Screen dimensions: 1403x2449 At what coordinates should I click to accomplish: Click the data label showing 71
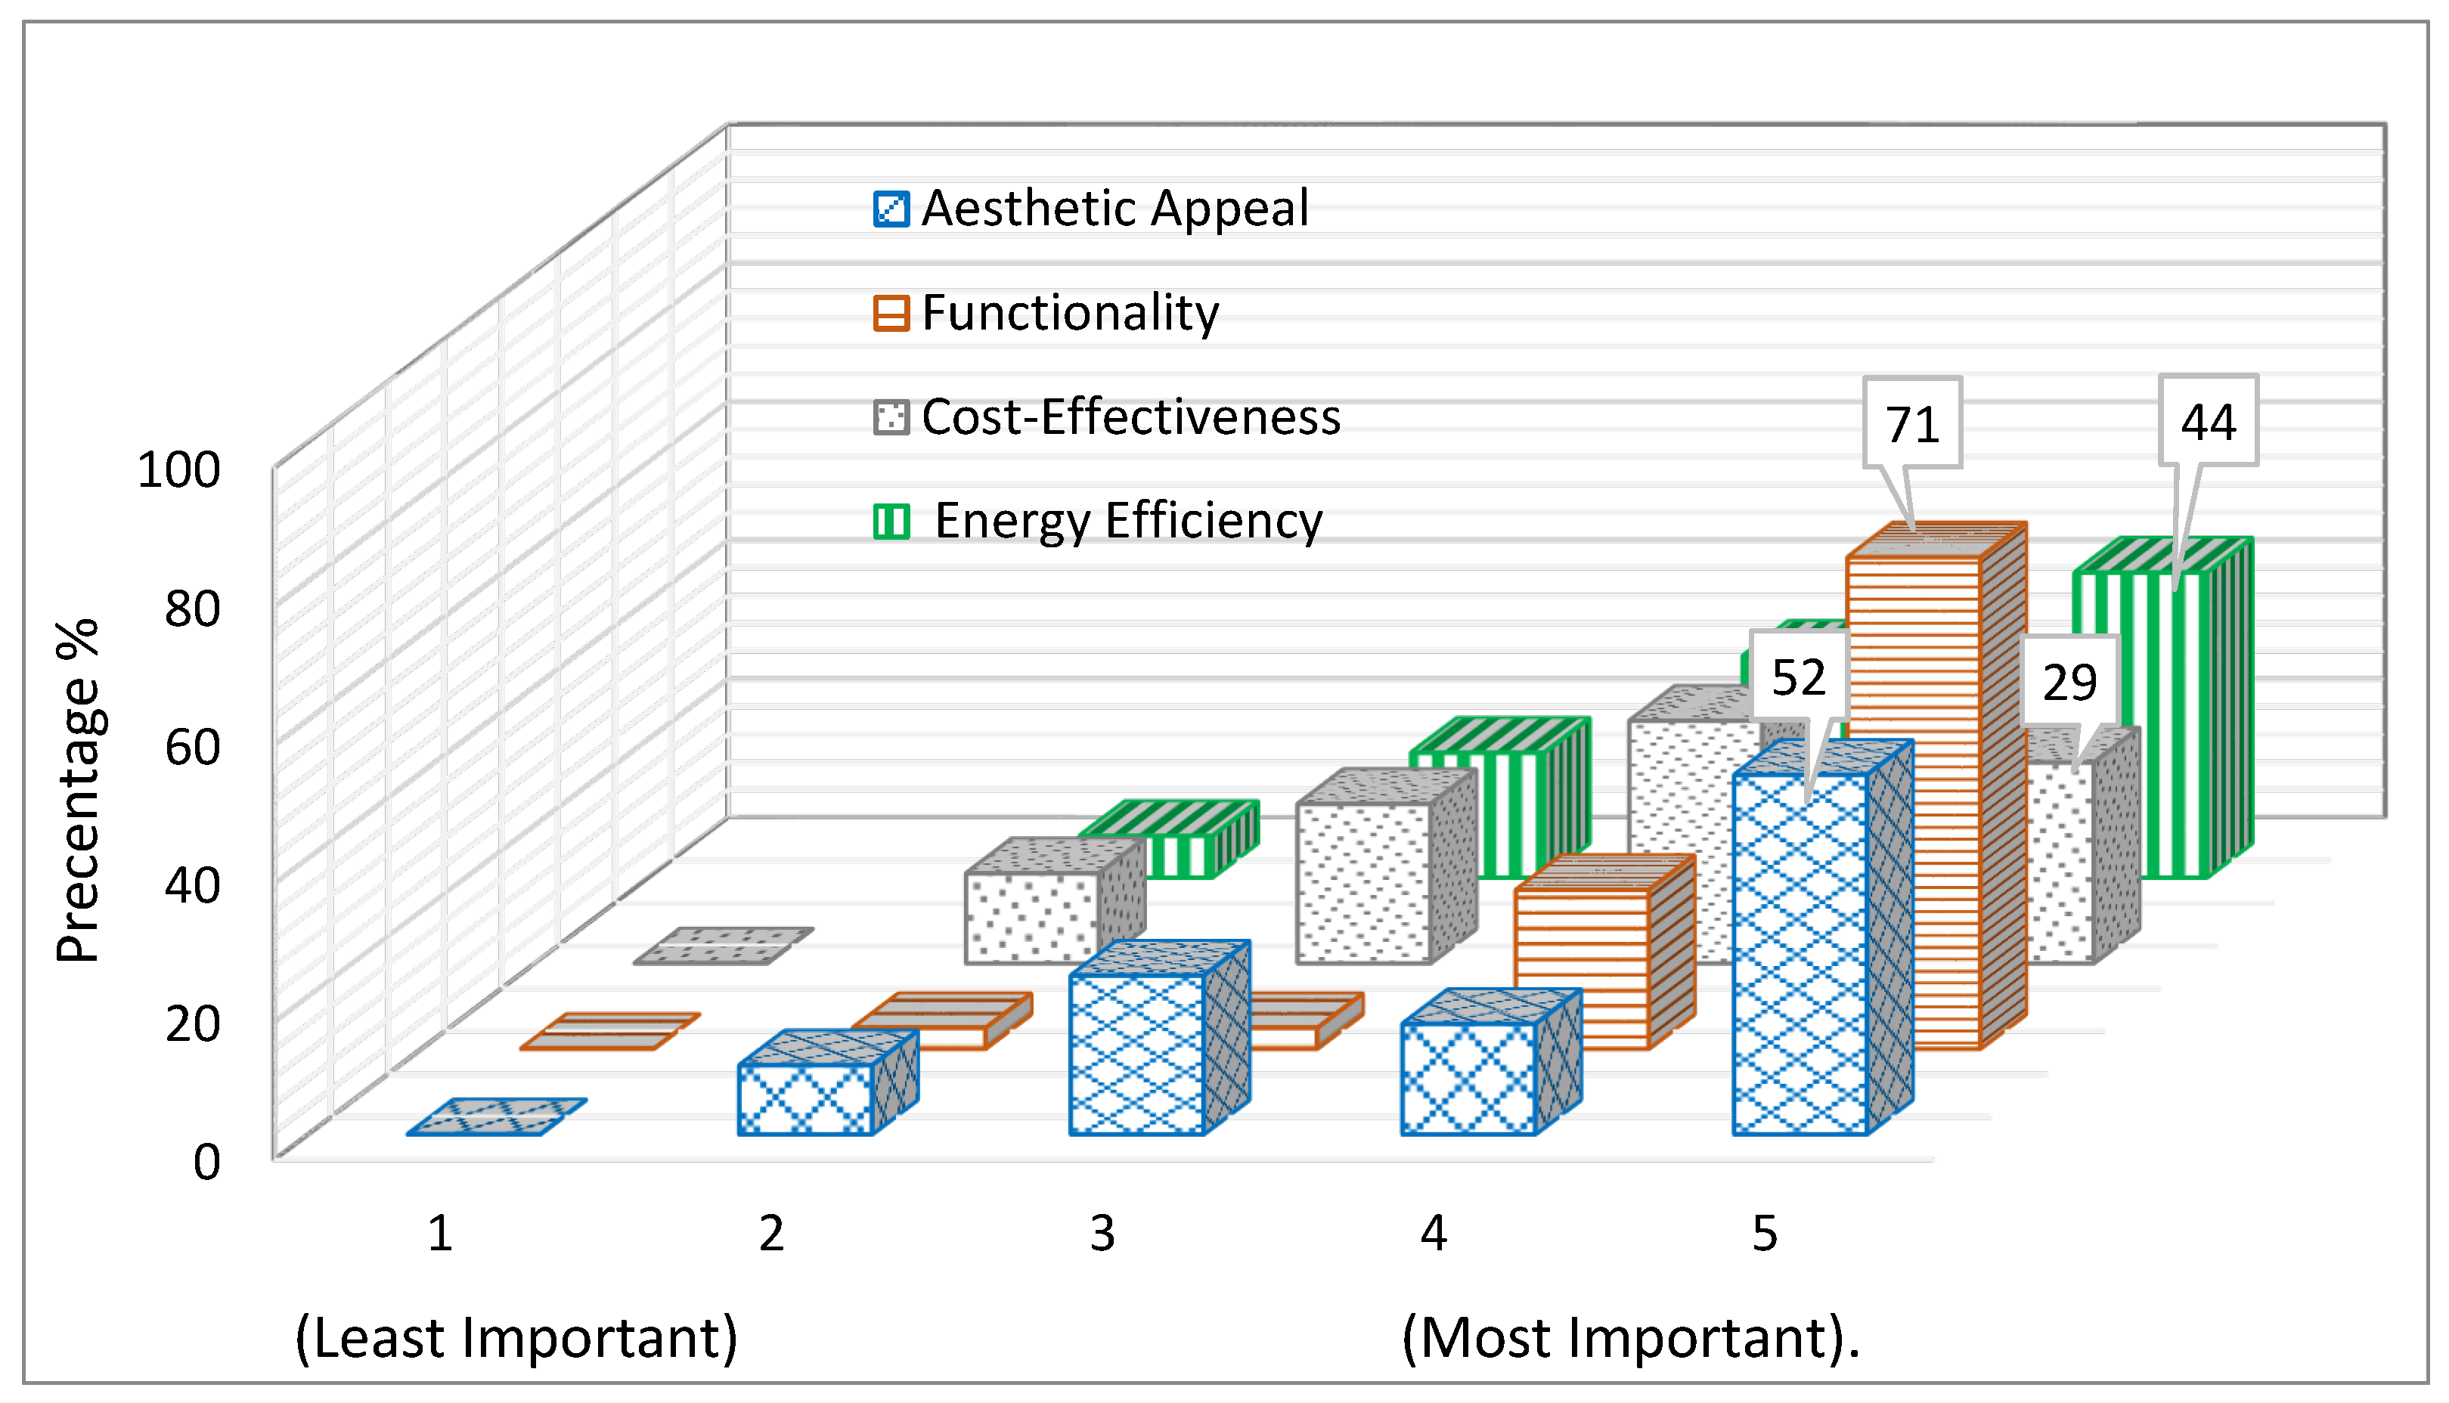coord(1912,424)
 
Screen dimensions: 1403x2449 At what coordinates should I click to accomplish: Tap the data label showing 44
coord(2208,421)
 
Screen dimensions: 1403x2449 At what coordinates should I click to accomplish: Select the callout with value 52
coord(1799,677)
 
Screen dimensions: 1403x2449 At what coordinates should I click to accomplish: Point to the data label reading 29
coord(2069,683)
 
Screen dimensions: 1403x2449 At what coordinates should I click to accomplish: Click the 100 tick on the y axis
coord(179,470)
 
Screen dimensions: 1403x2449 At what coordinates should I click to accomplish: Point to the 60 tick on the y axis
coord(192,747)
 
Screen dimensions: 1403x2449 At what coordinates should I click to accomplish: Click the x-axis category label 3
coord(1102,1234)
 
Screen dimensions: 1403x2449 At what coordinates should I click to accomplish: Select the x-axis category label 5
coord(1764,1234)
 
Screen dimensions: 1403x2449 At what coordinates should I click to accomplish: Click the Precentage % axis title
coord(77,790)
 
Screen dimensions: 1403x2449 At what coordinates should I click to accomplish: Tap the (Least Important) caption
coord(516,1337)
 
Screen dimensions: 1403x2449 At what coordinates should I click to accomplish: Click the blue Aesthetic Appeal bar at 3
coord(1136,1055)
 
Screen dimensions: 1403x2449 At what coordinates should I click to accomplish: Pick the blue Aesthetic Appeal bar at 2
coord(806,1098)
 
